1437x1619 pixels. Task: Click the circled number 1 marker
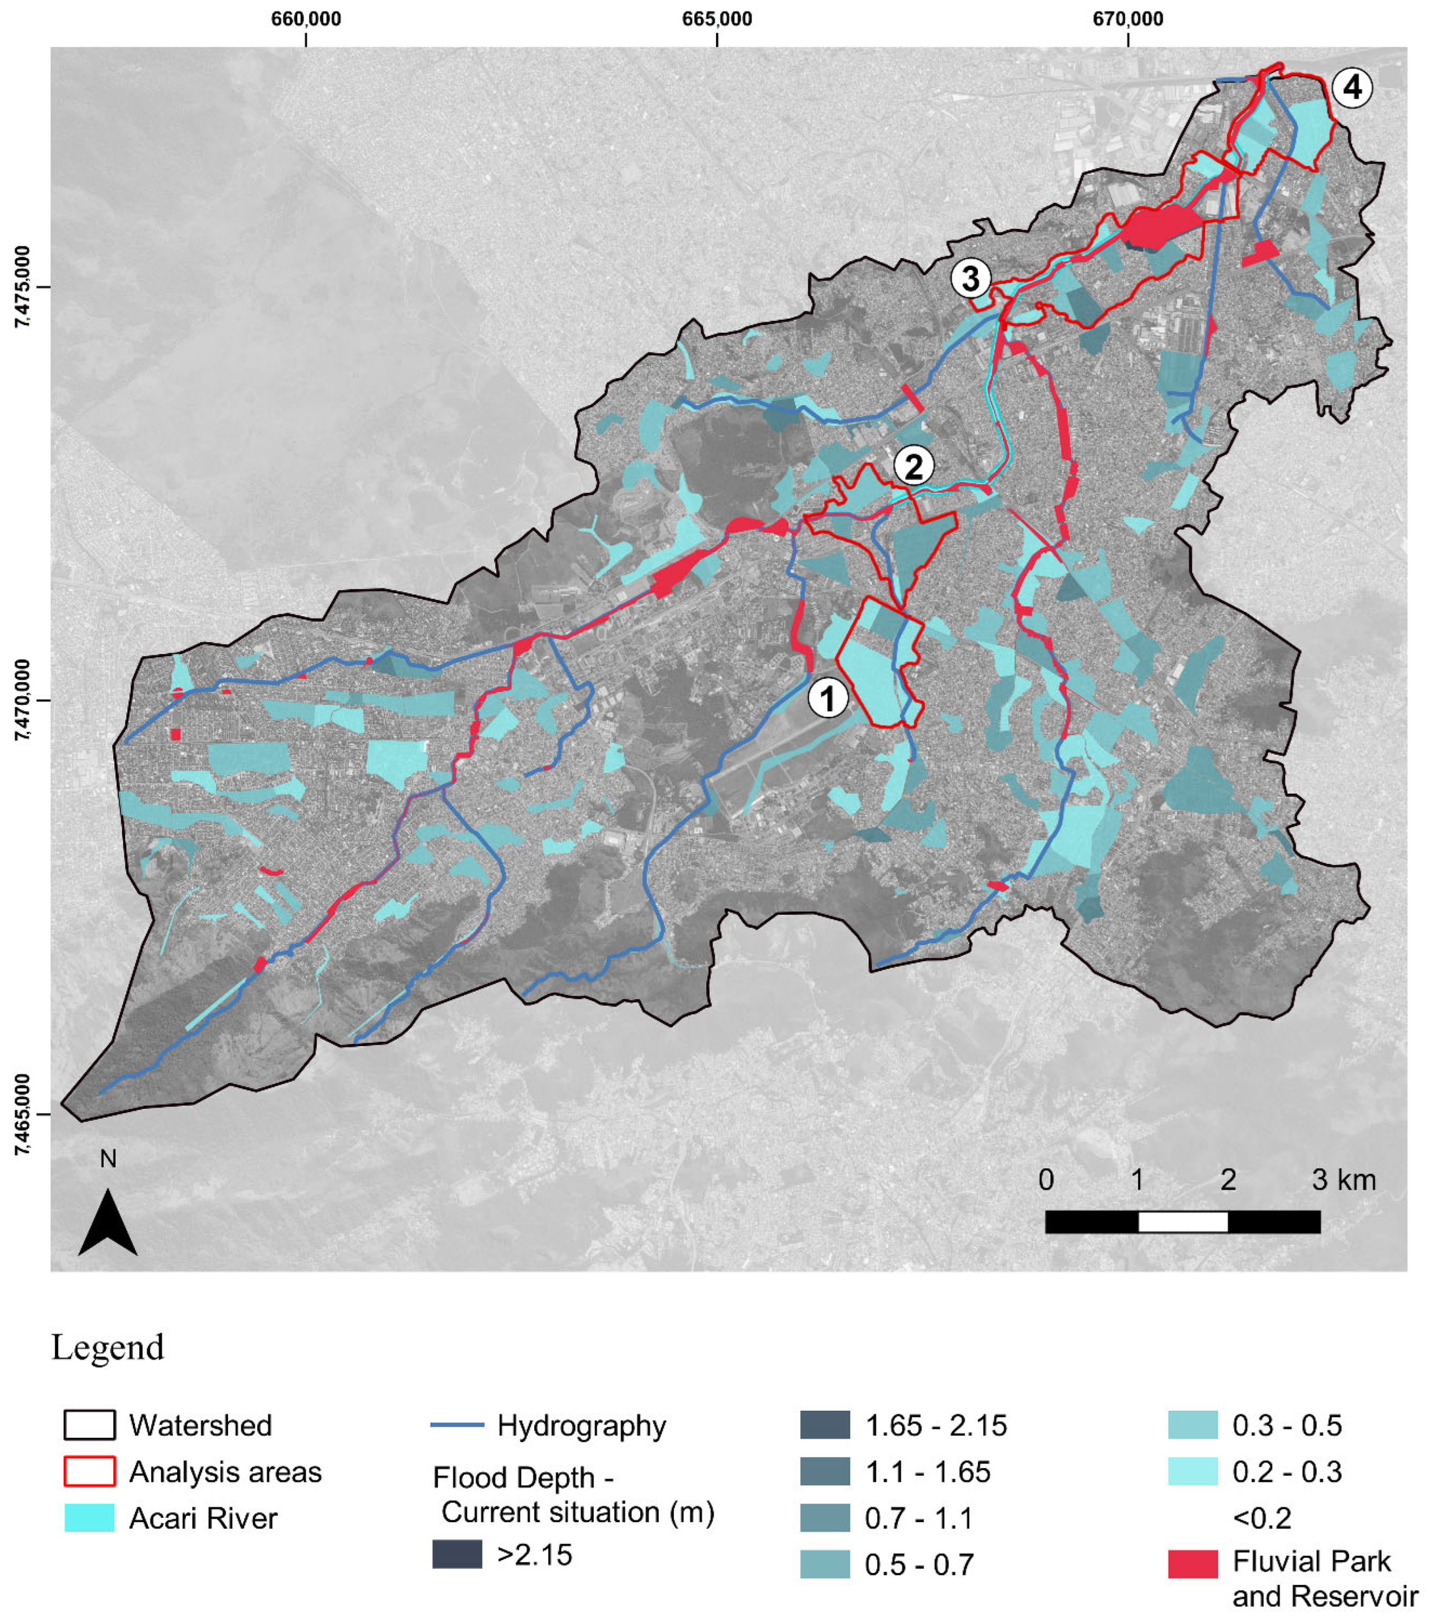tap(828, 698)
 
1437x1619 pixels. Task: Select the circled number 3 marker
tap(970, 279)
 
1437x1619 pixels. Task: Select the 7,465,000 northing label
tap(22, 1114)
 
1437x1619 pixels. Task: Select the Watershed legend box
tap(89, 1425)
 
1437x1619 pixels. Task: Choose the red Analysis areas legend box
tap(89, 1472)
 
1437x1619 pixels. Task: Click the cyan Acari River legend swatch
tap(89, 1518)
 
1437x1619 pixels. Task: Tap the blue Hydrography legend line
tap(457, 1425)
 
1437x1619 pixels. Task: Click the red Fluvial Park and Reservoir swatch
tap(1192, 1564)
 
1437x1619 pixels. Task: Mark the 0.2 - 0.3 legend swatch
tap(1192, 1472)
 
